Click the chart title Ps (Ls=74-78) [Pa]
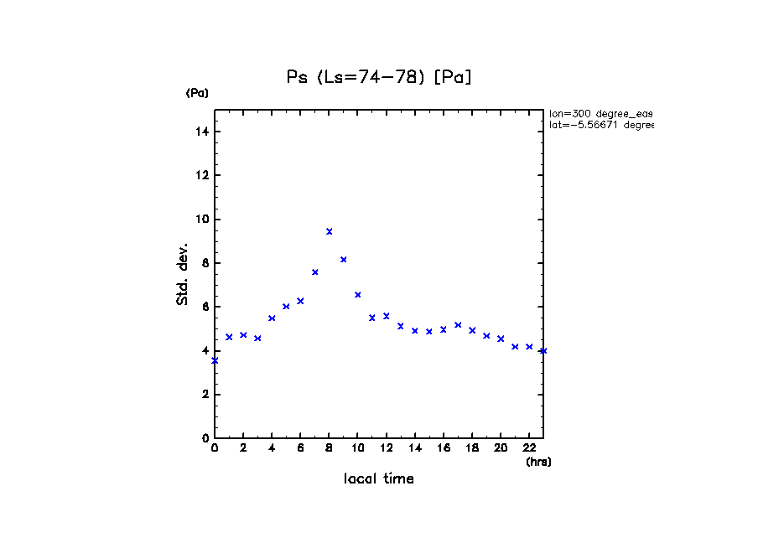click(379, 77)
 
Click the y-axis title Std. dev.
click(183, 274)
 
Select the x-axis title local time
click(379, 479)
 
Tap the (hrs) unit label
click(538, 462)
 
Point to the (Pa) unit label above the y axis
click(197, 93)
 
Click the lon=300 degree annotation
click(600, 113)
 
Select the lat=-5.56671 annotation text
click(600, 125)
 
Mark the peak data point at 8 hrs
click(330, 231)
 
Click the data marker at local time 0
click(215, 360)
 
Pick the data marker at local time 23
click(543, 350)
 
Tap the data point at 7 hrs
click(315, 272)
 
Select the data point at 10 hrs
click(358, 295)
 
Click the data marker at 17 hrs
click(458, 325)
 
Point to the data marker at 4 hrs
click(272, 318)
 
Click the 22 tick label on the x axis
click(529, 448)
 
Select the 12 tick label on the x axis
click(386, 448)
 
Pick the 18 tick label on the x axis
click(472, 448)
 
